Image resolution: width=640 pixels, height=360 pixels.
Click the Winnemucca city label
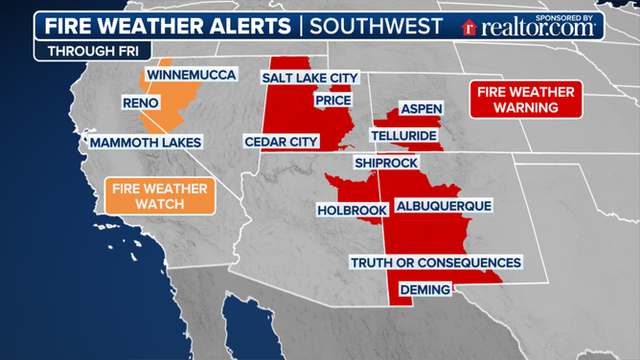[x=190, y=75]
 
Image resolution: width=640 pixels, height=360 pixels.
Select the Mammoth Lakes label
[x=146, y=143]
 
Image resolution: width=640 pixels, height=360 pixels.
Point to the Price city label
[x=331, y=100]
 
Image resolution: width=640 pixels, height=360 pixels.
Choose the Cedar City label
[x=281, y=143]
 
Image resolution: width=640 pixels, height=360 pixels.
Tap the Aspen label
[x=421, y=108]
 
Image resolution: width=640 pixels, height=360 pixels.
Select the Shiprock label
[x=385, y=164]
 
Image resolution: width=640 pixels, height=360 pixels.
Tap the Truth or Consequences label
[x=436, y=262]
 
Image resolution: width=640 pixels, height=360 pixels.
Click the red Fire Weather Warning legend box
[x=526, y=100]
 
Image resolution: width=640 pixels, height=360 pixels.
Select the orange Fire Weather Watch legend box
[x=160, y=196]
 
